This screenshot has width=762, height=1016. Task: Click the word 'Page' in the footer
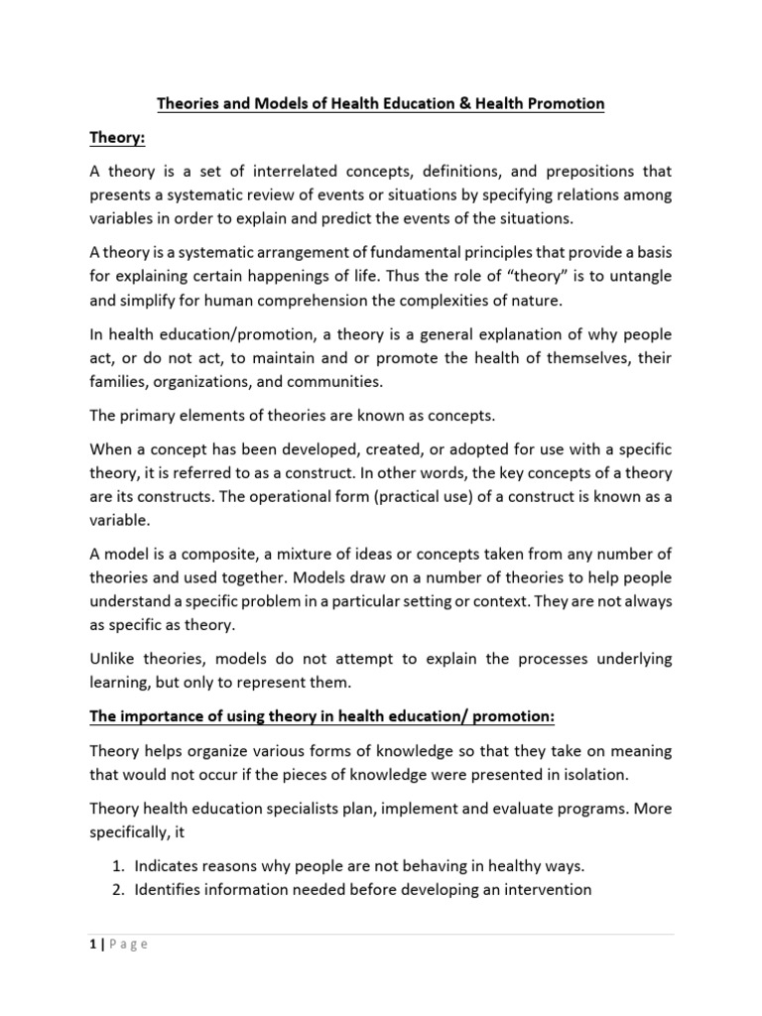tap(129, 945)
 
